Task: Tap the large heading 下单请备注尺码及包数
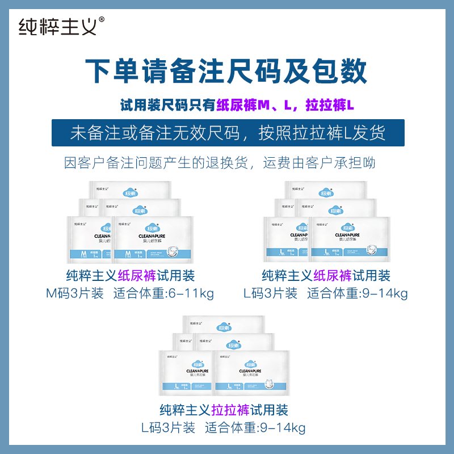tap(226, 71)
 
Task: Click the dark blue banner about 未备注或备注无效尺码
tap(228, 133)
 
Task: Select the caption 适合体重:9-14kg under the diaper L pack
tap(358, 293)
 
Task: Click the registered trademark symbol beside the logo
tap(102, 19)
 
